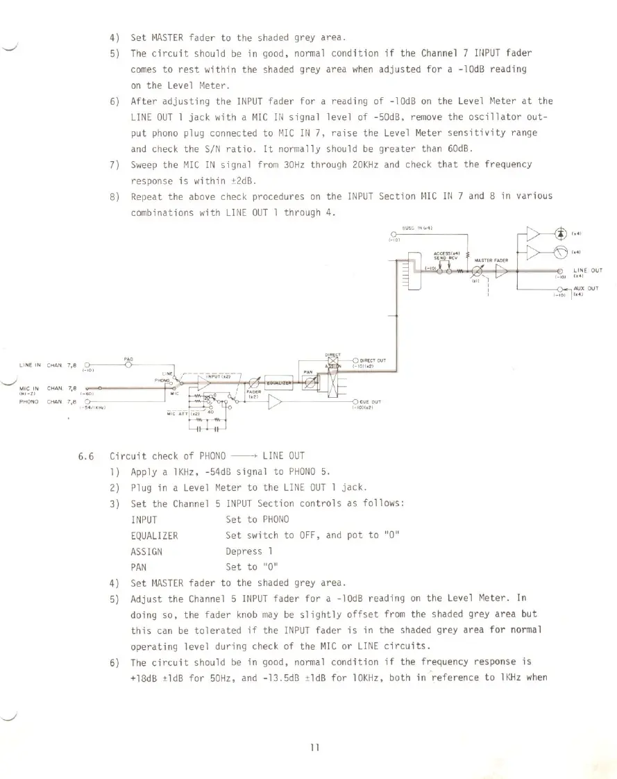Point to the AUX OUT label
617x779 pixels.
click(587, 287)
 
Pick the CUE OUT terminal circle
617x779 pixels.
click(355, 403)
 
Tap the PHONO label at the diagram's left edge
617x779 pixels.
click(28, 401)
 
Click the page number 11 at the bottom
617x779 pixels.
click(314, 746)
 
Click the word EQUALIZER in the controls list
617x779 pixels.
click(154, 535)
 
